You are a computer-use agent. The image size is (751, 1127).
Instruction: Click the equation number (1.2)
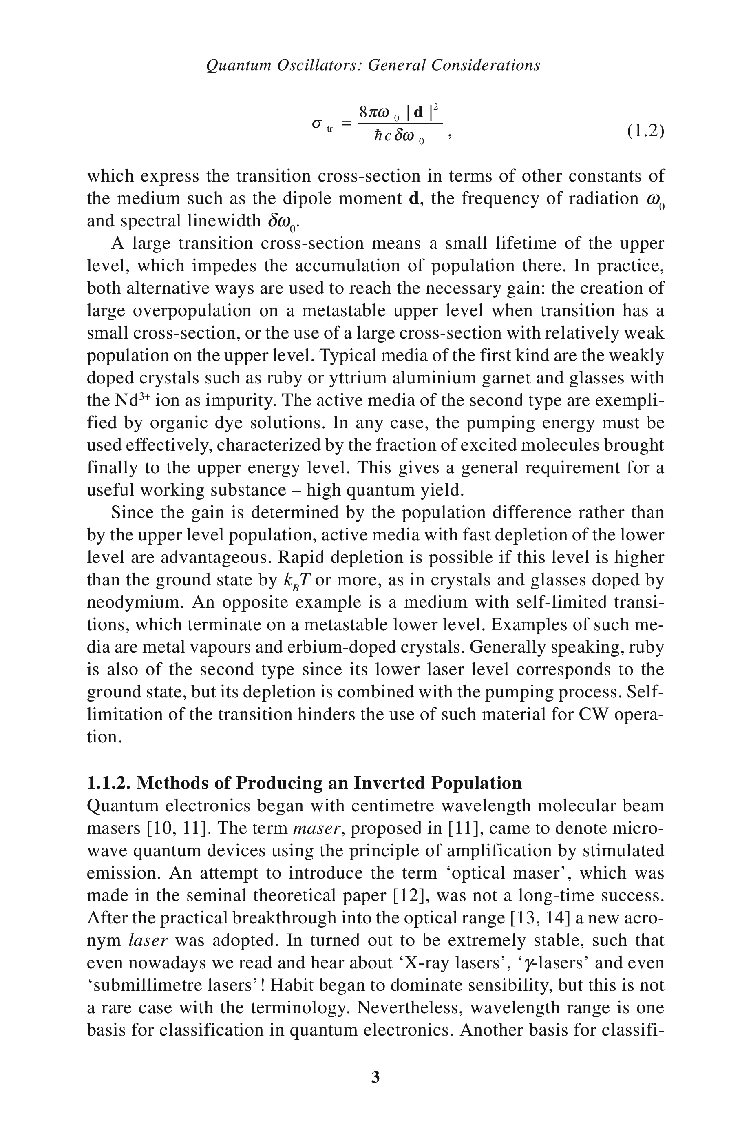pyautogui.click(x=645, y=131)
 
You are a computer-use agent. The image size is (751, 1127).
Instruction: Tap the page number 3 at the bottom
pyautogui.click(x=375, y=1077)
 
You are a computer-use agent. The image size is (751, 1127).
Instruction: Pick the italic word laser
pyautogui.click(x=148, y=940)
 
